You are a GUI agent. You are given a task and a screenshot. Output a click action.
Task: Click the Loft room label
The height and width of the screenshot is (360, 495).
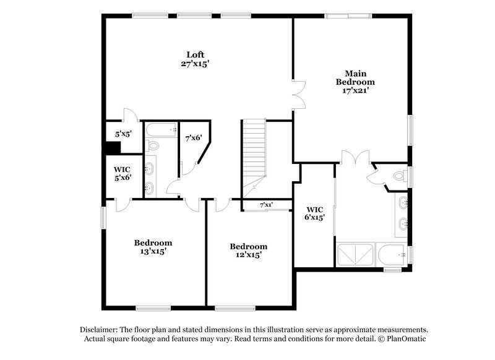(196, 54)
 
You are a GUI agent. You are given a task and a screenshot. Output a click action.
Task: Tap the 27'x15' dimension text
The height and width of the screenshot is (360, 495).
(196, 63)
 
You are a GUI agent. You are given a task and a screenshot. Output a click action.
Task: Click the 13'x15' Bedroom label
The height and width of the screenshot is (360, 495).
(153, 247)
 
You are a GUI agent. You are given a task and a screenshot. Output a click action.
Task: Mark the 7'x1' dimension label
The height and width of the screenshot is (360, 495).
(266, 204)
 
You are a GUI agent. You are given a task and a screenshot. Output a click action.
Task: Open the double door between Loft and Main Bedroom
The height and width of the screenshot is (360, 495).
(298, 96)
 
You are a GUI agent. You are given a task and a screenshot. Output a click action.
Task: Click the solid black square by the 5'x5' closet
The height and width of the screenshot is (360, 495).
(112, 148)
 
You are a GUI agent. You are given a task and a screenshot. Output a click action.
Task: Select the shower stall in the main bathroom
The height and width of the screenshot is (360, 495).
(355, 255)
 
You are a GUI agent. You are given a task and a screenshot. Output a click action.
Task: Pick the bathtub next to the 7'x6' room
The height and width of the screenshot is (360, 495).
(161, 131)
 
